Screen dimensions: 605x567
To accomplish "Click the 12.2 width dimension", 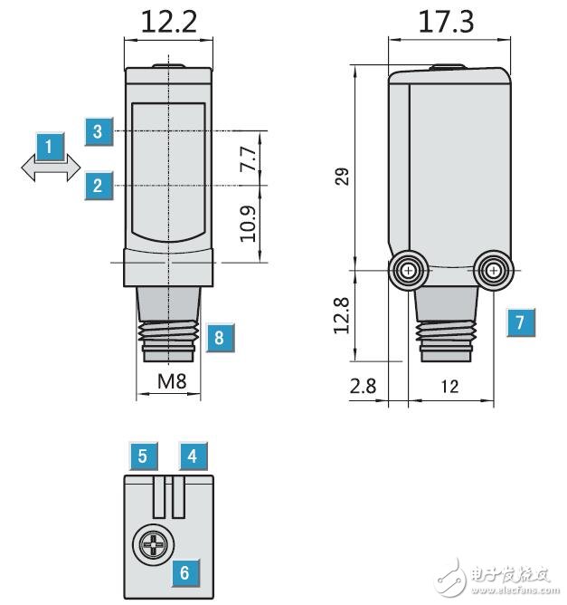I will [169, 20].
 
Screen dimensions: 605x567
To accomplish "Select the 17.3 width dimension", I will [446, 20].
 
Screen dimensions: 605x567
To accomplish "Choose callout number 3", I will [98, 131].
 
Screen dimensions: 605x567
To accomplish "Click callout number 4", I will [193, 456].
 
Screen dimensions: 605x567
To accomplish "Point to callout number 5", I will [143, 456].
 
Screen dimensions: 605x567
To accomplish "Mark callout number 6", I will [184, 572].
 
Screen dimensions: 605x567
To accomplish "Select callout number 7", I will [519, 322].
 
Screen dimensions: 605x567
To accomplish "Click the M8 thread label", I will [172, 382].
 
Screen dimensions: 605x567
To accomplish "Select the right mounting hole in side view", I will [494, 270].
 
